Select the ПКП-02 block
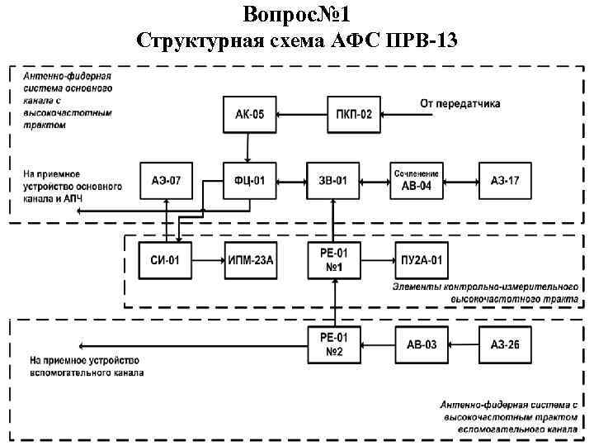point(353,114)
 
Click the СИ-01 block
point(164,261)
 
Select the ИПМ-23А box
point(250,261)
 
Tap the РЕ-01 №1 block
point(333,261)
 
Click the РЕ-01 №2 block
point(333,344)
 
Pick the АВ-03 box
point(421,344)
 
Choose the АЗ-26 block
point(505,344)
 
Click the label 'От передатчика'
point(460,103)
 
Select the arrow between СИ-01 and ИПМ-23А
point(207,261)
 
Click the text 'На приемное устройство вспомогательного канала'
point(87,366)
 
